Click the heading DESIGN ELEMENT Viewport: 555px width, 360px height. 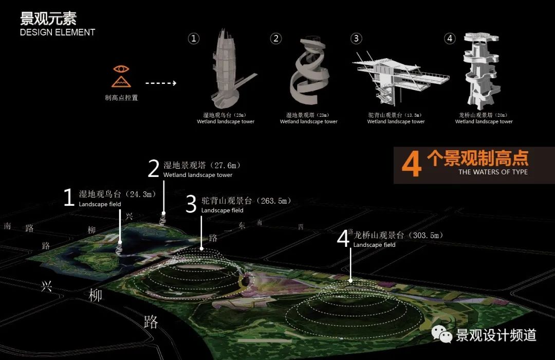(x=58, y=32)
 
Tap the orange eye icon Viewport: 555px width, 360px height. (x=121, y=69)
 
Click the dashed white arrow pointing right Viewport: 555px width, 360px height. (x=160, y=82)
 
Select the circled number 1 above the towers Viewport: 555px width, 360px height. (x=194, y=39)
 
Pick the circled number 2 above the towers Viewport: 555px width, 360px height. (x=276, y=39)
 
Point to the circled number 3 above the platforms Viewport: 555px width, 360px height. (x=356, y=39)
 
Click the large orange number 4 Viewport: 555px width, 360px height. (x=411, y=164)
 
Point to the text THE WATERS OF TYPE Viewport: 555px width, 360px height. (x=493, y=172)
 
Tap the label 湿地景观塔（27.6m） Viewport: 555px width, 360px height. (x=201, y=166)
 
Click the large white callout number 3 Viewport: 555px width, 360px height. (x=191, y=204)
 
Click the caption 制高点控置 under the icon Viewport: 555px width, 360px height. (x=121, y=98)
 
